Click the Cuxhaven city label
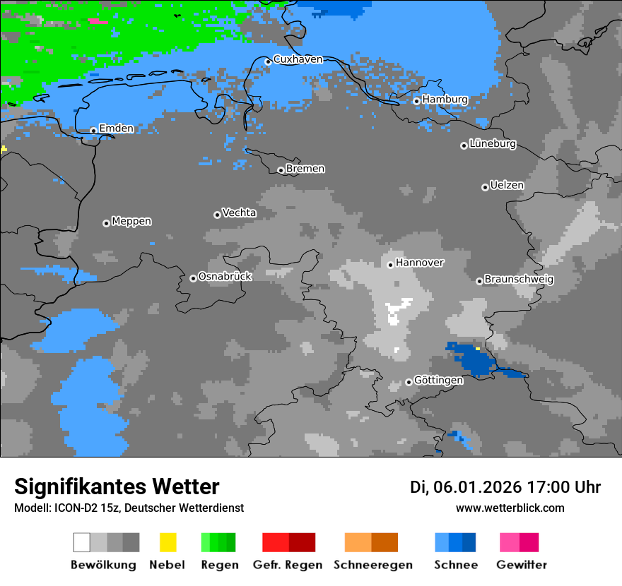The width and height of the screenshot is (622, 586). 298,59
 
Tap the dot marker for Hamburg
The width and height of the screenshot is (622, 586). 417,101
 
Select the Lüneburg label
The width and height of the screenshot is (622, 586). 493,144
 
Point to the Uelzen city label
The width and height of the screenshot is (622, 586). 507,186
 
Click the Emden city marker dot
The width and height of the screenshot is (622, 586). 93,131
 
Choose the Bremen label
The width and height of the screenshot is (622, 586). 305,169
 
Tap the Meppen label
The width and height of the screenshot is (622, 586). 131,222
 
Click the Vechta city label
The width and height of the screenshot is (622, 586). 239,213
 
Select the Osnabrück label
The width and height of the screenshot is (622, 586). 225,277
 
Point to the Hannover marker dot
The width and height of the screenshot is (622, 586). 390,265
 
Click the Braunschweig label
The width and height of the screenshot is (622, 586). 519,280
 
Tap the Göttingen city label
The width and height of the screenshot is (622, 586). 438,381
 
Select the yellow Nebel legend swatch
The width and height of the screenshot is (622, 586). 168,542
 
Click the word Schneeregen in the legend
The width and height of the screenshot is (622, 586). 372,565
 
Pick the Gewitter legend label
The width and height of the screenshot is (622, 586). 521,565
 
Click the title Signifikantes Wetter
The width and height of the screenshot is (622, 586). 117,487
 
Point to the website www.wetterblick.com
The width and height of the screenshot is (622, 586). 510,508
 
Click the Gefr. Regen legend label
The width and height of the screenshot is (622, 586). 288,565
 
